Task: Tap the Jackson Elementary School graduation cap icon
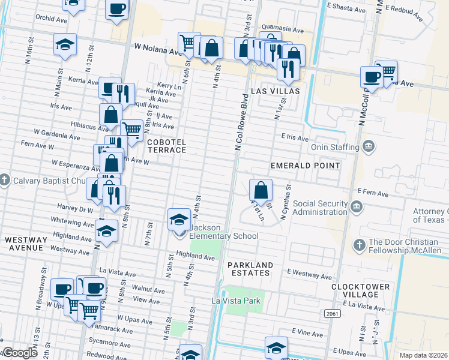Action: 179,220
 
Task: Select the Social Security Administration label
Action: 312,208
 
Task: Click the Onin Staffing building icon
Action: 368,146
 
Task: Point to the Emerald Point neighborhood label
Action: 305,165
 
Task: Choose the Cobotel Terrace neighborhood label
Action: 166,146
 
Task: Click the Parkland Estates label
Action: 250,269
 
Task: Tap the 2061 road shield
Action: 331,314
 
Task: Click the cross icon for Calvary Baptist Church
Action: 4,179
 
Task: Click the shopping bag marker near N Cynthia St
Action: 261,191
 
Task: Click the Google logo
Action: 19,353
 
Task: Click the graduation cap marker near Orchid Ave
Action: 65,45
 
